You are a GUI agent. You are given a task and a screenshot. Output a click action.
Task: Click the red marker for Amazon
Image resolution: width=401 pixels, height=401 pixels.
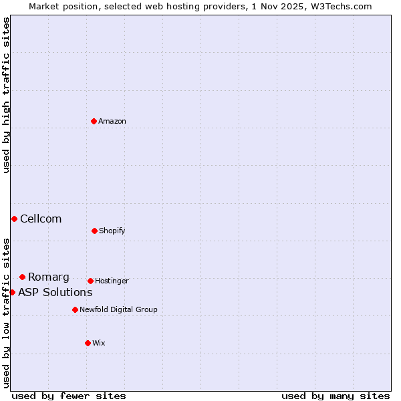(94, 121)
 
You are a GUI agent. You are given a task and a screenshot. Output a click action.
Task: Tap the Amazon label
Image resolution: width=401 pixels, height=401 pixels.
(112, 122)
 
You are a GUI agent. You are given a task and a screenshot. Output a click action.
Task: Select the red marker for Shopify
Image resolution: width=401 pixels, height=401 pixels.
(94, 231)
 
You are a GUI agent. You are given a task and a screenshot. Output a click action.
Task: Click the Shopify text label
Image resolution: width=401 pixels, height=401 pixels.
(112, 231)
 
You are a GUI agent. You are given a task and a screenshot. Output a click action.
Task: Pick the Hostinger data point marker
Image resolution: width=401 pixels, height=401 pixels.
(90, 281)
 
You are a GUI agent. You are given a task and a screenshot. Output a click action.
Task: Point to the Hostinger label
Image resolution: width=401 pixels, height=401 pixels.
(112, 281)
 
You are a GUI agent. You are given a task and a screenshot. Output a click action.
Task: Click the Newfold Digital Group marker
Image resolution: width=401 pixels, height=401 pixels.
(75, 309)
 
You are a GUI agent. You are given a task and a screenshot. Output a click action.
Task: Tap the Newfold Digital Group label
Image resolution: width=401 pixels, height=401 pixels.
(118, 310)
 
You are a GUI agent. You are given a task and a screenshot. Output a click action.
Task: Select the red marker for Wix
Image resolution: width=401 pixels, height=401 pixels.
(88, 343)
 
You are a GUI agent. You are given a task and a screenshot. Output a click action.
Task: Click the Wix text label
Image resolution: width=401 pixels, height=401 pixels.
(99, 344)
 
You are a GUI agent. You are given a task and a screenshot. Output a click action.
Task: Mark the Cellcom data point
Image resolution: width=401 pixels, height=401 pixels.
(14, 219)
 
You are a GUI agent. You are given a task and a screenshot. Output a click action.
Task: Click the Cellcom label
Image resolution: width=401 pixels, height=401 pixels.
(41, 219)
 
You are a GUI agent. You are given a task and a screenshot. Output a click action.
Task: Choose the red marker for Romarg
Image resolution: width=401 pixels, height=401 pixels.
(22, 277)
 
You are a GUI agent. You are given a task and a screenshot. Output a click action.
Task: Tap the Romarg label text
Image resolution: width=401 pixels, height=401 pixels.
(49, 277)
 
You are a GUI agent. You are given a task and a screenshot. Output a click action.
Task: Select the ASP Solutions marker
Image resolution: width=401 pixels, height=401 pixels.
(12, 292)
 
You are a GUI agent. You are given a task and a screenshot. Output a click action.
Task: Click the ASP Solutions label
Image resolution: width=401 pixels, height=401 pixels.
(55, 293)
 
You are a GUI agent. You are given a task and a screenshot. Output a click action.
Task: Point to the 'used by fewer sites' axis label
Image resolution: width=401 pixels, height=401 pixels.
(69, 396)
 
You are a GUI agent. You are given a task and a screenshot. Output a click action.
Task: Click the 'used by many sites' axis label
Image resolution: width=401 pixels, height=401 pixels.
(336, 396)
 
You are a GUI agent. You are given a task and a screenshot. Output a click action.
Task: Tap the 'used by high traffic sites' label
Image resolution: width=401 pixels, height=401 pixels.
(7, 95)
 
